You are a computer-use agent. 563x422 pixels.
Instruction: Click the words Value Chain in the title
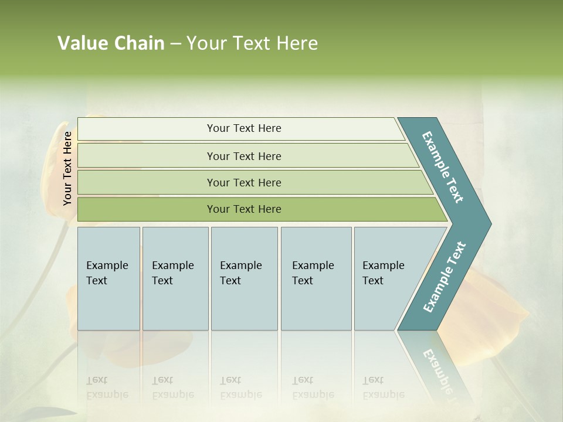111,43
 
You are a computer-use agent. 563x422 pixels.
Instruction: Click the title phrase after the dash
252,43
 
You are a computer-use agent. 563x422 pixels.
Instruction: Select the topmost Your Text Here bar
243,128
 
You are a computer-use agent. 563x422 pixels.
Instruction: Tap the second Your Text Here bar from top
243,156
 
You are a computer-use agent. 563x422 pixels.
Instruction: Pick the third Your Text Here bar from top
243,182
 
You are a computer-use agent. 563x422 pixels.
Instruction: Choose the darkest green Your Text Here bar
243,209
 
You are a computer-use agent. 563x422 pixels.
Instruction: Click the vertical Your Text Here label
68,168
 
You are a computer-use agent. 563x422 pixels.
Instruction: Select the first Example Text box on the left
108,278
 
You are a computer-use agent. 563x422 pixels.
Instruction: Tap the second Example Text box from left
175,278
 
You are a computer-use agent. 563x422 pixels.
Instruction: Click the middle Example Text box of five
244,278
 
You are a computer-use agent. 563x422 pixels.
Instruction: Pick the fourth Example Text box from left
316,278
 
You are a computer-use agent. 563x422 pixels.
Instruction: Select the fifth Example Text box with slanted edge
387,278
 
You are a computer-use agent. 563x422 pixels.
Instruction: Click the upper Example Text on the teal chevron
443,167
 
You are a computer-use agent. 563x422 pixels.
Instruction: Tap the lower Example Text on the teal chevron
445,277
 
